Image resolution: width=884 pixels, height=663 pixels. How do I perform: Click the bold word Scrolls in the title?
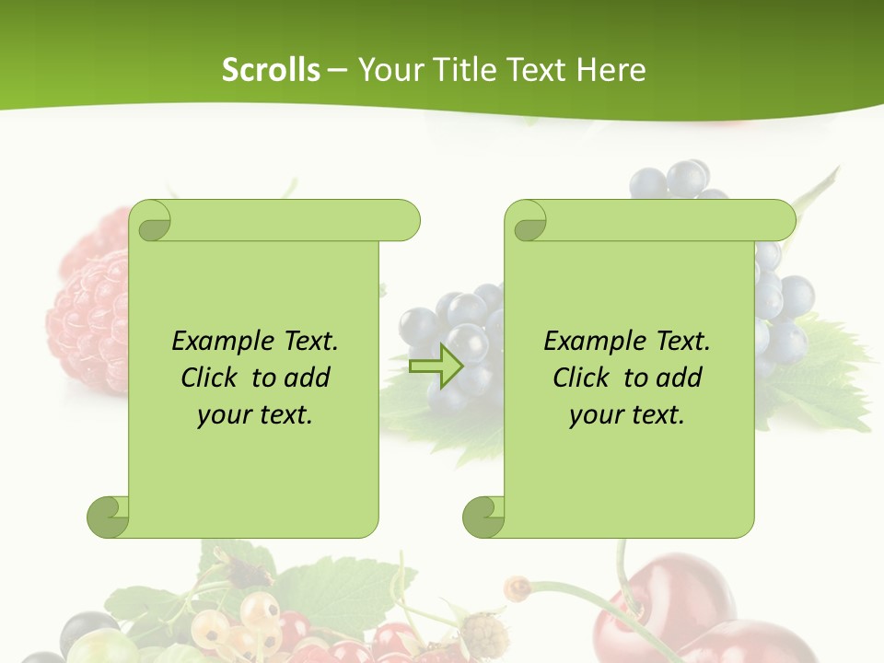271,70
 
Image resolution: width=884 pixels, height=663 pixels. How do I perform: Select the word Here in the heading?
611,70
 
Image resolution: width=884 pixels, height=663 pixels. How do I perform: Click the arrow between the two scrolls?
436,366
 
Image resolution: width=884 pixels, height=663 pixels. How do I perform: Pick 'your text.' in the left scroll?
255,415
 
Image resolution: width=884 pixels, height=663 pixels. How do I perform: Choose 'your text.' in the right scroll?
627,415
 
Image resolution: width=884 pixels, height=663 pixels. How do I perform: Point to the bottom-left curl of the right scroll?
483,517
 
